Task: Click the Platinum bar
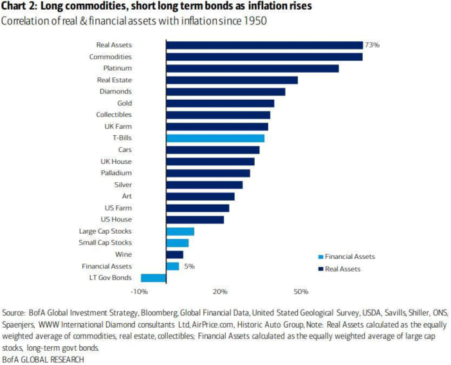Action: point(252,68)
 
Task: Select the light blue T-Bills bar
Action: point(215,138)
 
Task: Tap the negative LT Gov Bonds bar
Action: point(154,277)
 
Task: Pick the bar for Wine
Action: point(174,254)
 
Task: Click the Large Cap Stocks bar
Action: point(180,231)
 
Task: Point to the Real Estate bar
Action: point(232,80)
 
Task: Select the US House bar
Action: point(195,220)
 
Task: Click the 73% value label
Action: point(372,45)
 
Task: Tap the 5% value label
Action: point(189,266)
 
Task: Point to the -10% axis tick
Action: point(140,292)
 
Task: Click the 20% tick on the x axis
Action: point(220,292)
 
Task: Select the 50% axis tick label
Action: point(300,292)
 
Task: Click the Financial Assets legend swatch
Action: point(320,256)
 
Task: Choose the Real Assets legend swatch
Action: point(320,268)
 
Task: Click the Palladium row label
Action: point(116,173)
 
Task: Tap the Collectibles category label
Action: point(114,115)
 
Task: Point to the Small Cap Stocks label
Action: point(106,243)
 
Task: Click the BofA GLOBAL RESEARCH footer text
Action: point(43,359)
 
